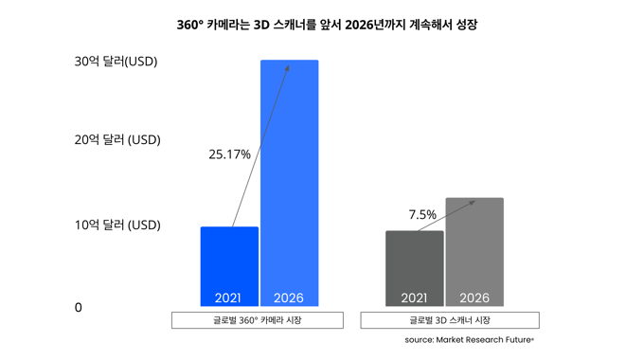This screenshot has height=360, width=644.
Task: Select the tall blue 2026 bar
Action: [x=290, y=180]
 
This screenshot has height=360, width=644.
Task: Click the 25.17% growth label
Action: [x=229, y=154]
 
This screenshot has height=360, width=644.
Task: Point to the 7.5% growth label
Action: [x=422, y=215]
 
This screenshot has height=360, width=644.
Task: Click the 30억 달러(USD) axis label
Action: [x=116, y=62]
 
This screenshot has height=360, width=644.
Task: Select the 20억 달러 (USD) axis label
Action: [x=117, y=140]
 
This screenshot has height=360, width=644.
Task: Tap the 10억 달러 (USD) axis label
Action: [x=117, y=225]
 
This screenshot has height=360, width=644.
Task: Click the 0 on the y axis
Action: [x=79, y=308]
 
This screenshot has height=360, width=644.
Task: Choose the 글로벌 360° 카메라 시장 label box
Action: [x=258, y=320]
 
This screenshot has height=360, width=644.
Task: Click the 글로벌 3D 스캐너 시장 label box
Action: [x=450, y=320]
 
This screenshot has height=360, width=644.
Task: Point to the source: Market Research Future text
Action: [x=469, y=339]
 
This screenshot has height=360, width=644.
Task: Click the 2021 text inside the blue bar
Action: [x=228, y=297]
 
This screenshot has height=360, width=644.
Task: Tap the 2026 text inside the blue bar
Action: [x=288, y=297]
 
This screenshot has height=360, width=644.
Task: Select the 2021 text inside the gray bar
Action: [x=414, y=297]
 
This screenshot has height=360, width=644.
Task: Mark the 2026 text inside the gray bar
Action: [x=474, y=297]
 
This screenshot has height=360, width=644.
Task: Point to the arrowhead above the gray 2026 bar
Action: [x=472, y=201]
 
